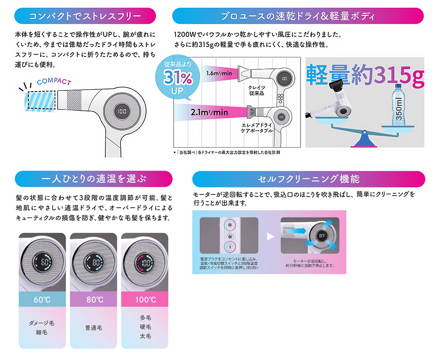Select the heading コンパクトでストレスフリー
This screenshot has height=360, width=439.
click(85, 16)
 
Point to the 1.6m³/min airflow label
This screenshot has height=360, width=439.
click(219, 73)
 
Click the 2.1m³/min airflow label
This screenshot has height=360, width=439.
click(209, 112)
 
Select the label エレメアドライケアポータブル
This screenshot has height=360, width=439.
click(257, 128)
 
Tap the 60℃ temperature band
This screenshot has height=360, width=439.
click(42, 300)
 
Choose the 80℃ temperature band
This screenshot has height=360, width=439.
click(93, 300)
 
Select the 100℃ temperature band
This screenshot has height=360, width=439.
click(145, 300)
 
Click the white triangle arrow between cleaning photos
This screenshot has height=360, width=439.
click(270, 237)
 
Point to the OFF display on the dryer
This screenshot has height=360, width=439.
click(322, 236)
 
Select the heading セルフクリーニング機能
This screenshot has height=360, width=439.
click(308, 179)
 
